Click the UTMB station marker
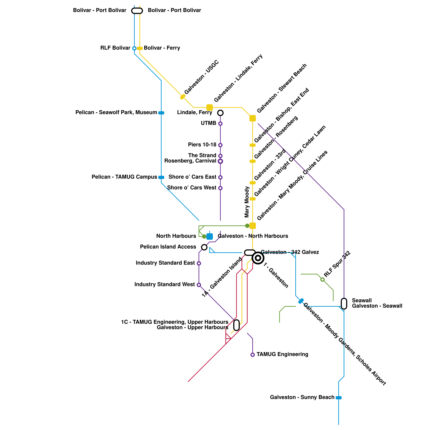click(x=220, y=124)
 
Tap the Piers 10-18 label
click(x=202, y=145)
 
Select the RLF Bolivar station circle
click(x=134, y=48)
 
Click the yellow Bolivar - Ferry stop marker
click(x=140, y=48)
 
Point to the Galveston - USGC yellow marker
click(x=183, y=97)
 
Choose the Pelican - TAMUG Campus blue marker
click(x=161, y=177)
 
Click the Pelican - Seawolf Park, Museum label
click(x=116, y=112)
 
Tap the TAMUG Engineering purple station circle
click(x=253, y=355)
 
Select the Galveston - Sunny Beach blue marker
click(x=339, y=398)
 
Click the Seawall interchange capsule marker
click(x=344, y=304)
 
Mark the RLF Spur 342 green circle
click(x=322, y=279)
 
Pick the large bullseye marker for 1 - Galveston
click(x=258, y=258)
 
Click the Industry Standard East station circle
click(x=199, y=263)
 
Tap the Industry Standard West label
click(x=164, y=284)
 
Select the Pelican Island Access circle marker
click(x=204, y=247)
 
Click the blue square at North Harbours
click(x=210, y=236)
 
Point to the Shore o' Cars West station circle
click(x=220, y=188)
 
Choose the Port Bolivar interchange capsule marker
click(x=137, y=11)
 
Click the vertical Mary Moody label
click(x=247, y=202)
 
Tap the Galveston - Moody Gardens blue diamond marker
click(x=301, y=301)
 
